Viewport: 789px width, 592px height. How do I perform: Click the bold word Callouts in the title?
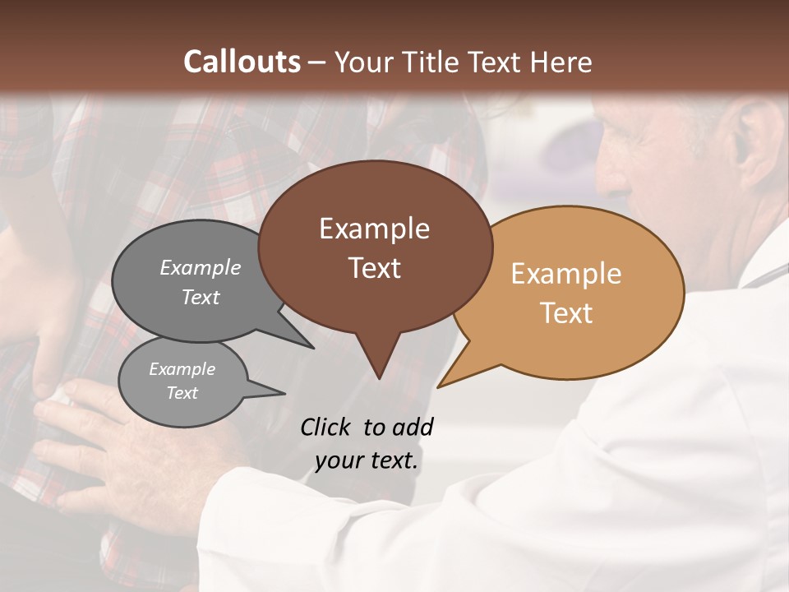point(242,62)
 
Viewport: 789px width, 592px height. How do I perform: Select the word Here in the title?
point(561,62)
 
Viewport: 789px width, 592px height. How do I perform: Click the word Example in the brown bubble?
point(374,229)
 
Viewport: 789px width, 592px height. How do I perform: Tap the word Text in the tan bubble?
point(566,313)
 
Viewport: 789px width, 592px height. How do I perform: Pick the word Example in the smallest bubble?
point(182,369)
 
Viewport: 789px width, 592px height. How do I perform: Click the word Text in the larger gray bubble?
point(201,297)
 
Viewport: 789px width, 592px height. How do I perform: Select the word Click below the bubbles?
point(327,427)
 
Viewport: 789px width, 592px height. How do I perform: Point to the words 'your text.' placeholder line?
point(367,460)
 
